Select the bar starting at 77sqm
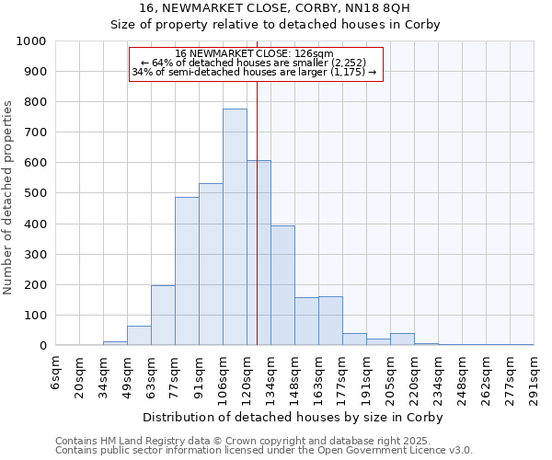(x=187, y=271)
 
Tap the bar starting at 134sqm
(x=282, y=285)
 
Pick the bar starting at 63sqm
(x=163, y=316)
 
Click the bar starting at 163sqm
(x=330, y=321)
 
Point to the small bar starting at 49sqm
(x=139, y=336)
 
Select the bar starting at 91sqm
(x=211, y=265)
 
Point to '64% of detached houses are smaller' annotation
(x=254, y=63)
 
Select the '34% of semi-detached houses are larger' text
(x=254, y=72)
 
